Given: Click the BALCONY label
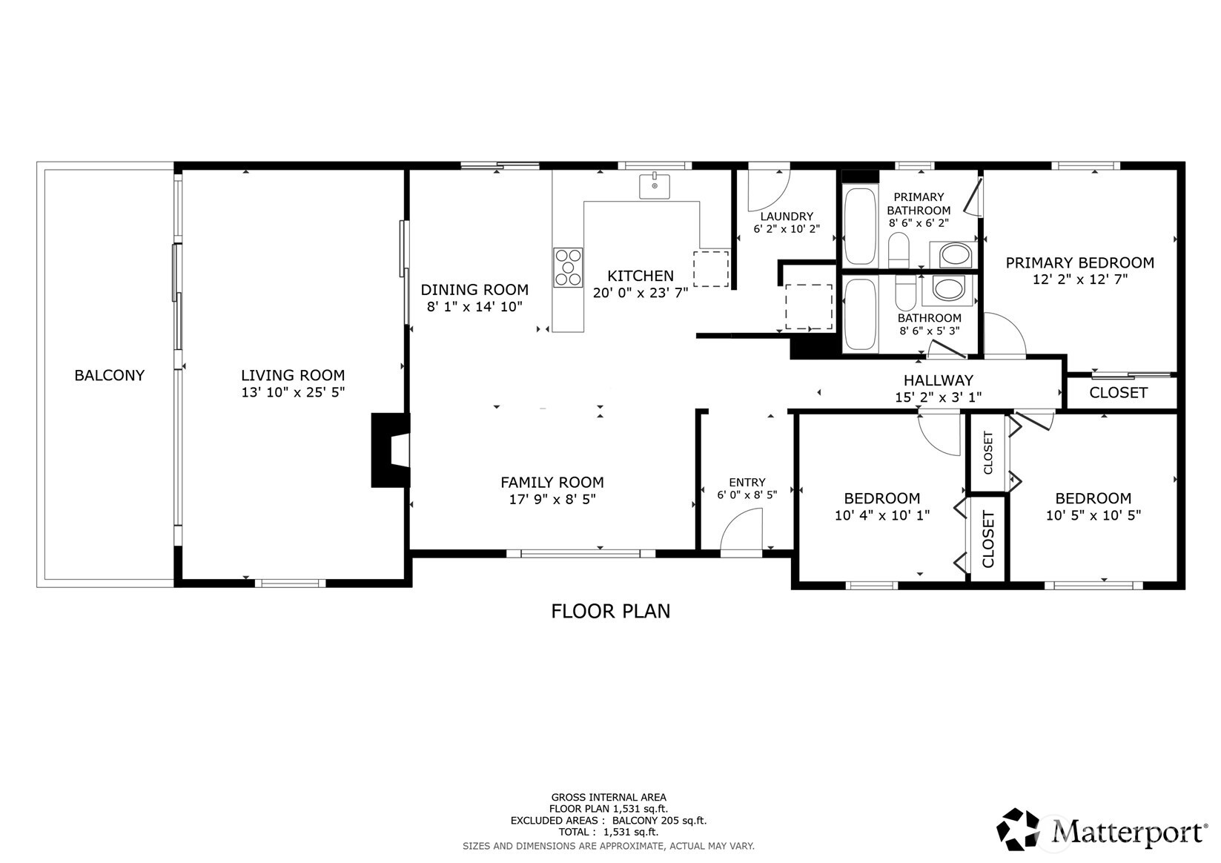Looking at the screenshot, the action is point(109,376).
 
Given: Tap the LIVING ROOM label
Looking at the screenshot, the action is point(293,376).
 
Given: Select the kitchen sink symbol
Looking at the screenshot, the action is point(654,186).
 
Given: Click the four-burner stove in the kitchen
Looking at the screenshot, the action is point(568,268).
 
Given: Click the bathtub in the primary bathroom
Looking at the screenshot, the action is point(860,227).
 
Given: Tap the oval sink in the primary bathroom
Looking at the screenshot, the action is point(956,255).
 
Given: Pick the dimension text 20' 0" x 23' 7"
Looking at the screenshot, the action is point(641,294).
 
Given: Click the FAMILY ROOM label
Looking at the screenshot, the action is point(552,483).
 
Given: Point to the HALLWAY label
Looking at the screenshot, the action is point(938,380).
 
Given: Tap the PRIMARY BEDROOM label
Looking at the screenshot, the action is point(1080,262).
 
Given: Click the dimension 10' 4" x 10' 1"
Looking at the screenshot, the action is point(882,515).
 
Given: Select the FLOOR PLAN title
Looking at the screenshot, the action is point(611,611).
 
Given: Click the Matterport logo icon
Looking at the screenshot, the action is point(1018,829).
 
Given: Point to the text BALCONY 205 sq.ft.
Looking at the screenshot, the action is point(660,821).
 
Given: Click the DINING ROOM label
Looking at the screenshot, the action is point(474,289).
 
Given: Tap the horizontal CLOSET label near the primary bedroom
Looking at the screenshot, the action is point(1118,393).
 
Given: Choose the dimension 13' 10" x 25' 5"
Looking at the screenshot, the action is point(293,392).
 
